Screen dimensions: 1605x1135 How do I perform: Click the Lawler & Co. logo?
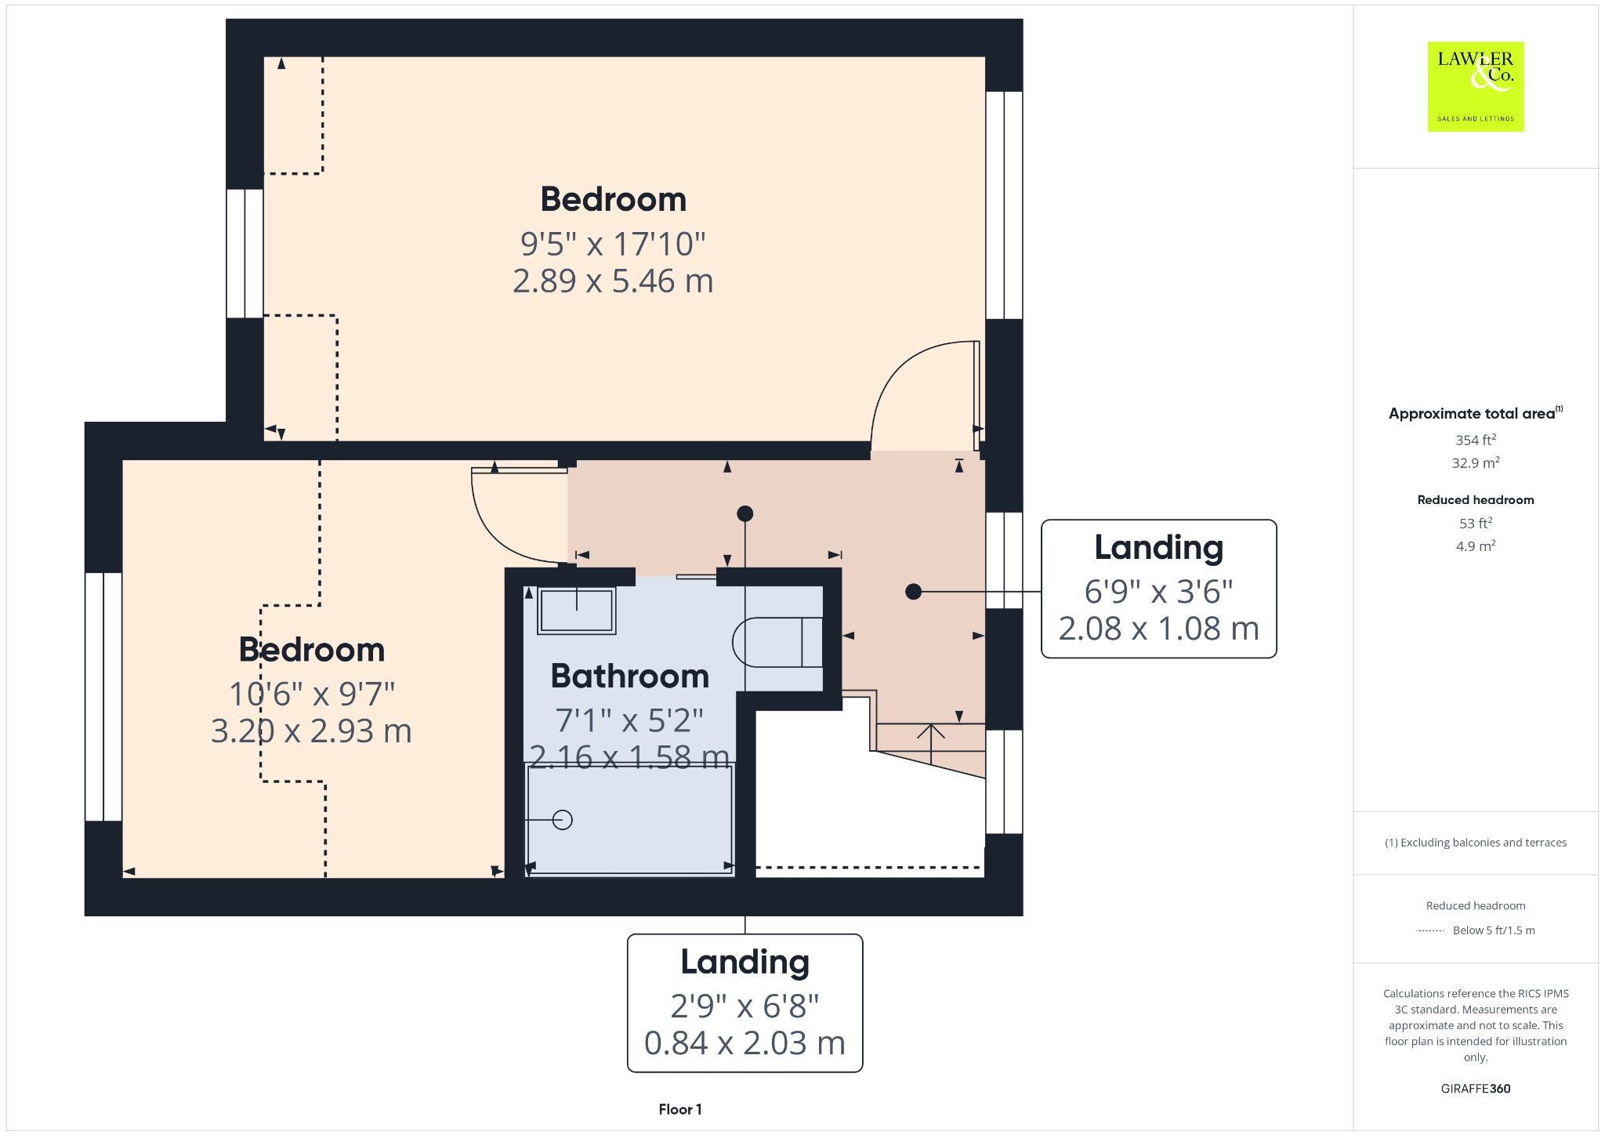click(1475, 86)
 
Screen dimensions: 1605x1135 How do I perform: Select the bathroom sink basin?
click(577, 610)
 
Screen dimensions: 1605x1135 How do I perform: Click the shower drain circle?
click(563, 820)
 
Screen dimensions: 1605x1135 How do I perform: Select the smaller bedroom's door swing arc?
click(502, 533)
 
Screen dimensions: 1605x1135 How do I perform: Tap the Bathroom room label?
click(630, 676)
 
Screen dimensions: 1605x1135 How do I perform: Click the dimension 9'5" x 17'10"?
click(613, 244)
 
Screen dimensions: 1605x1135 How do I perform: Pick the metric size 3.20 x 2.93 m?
click(311, 731)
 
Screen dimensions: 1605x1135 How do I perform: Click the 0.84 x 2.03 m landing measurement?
click(745, 1043)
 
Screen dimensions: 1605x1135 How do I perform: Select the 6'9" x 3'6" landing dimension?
click(1158, 592)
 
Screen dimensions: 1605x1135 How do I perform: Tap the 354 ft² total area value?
click(1476, 440)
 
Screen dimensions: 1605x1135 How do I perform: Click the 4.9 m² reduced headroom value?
click(1476, 546)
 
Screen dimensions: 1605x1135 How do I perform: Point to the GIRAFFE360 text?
click(1476, 1088)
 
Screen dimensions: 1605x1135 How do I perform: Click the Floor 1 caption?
click(680, 1109)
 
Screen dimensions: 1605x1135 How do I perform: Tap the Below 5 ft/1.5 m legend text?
click(1494, 930)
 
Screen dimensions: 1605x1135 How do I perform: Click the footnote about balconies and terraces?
click(1476, 843)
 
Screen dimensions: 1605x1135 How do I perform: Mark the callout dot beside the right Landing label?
click(913, 592)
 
